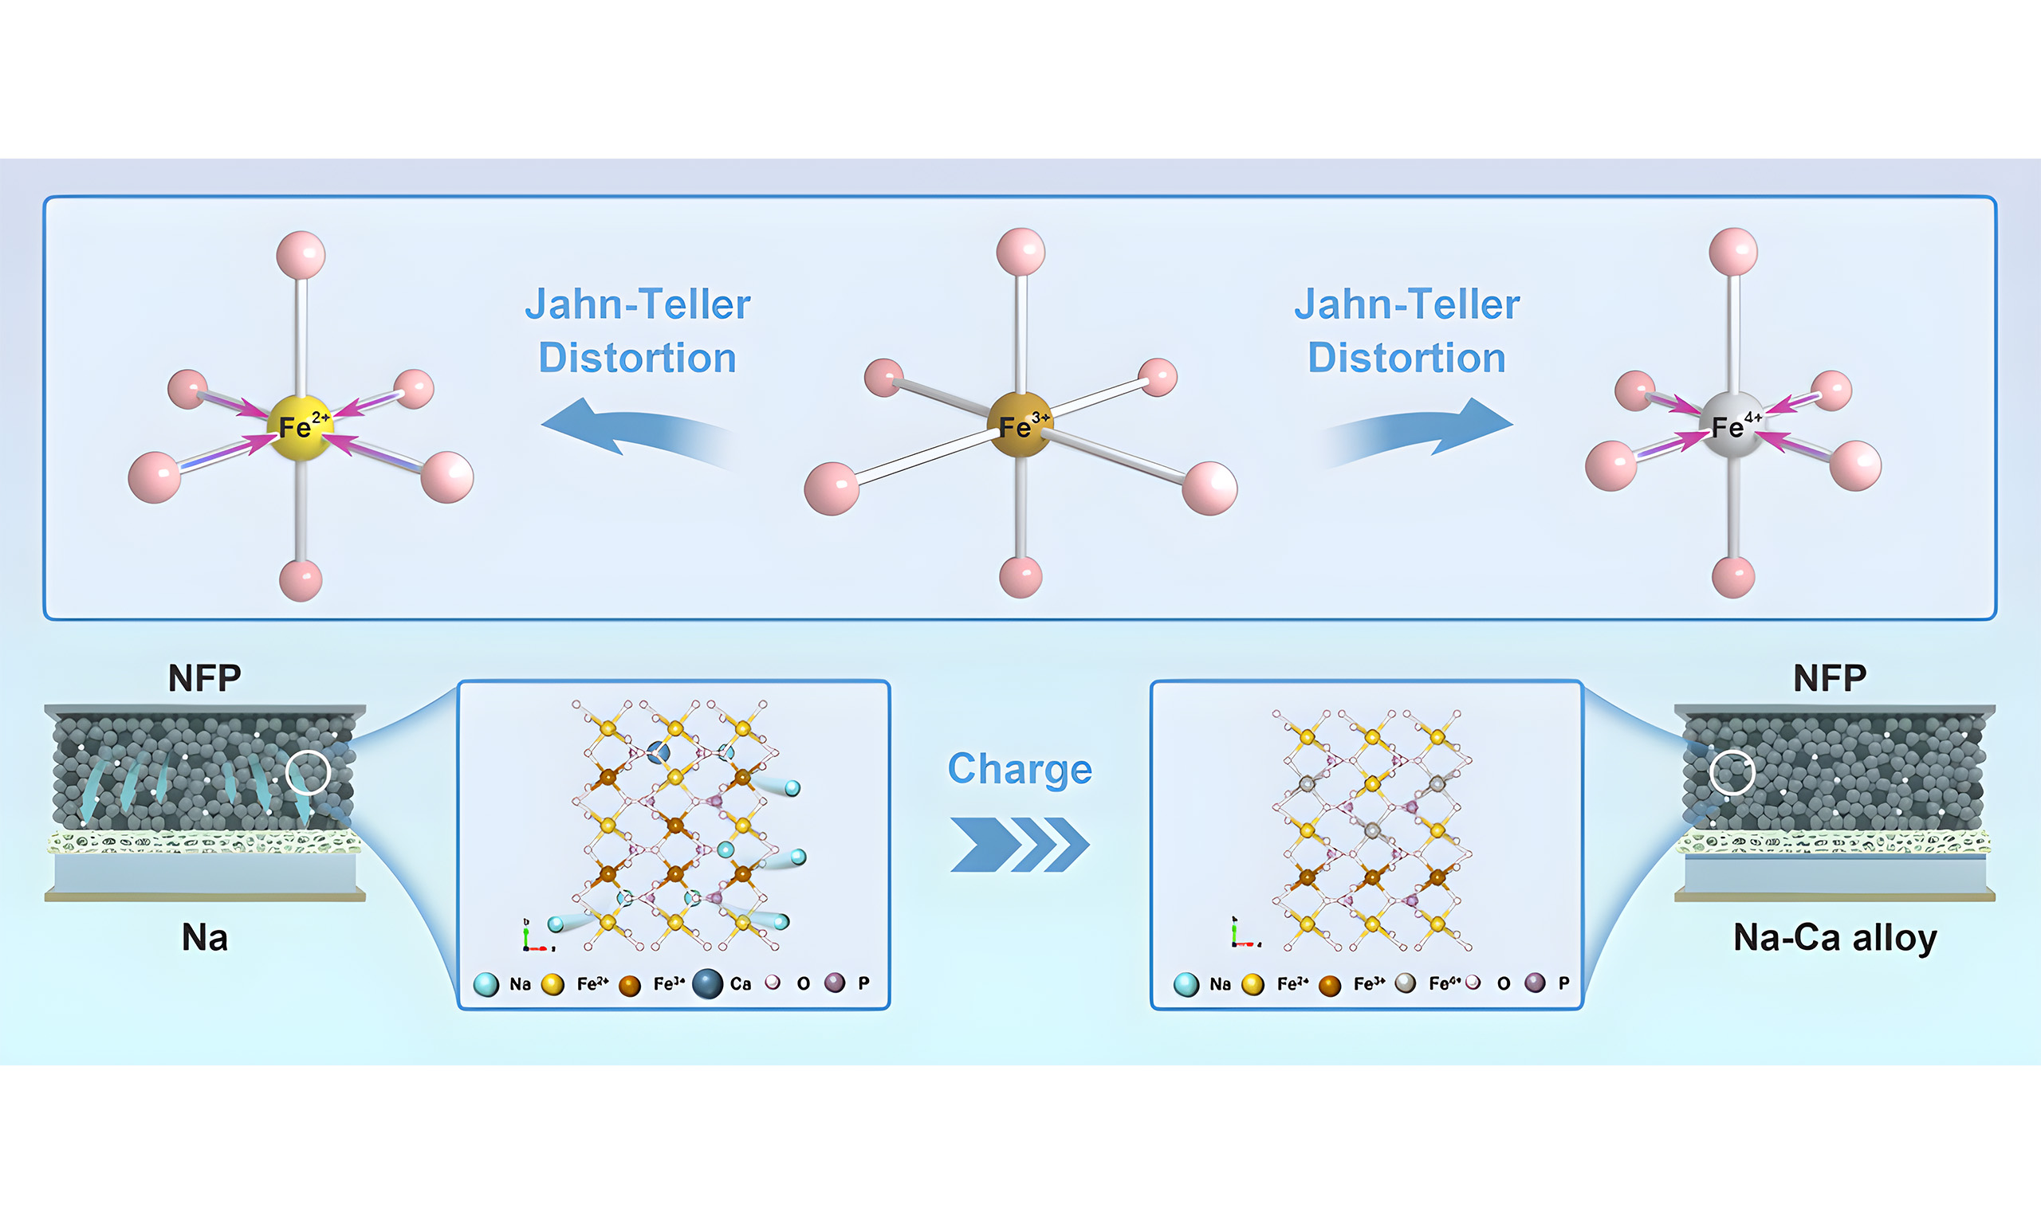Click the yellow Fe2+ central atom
300,427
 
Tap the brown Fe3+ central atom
1020,425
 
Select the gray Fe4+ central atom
1732,425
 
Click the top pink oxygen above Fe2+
301,255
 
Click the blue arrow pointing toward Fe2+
635,430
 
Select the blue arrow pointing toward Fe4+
1418,430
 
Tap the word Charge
1020,769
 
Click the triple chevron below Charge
1020,845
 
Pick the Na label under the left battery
205,938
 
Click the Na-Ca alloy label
1835,939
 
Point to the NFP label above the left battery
205,678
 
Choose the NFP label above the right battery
1830,678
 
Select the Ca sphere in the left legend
707,983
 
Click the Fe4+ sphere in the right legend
1405,983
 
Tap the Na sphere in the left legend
486,984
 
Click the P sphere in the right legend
1535,983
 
